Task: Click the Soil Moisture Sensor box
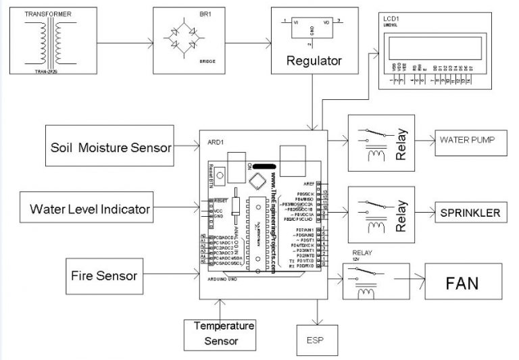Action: click(111, 147)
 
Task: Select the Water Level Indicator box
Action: click(90, 209)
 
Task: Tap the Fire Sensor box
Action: click(104, 275)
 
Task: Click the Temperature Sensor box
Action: click(221, 334)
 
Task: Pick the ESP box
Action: click(316, 340)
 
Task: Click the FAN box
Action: click(463, 282)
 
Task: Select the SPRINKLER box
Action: click(471, 213)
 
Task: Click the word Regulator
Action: click(314, 60)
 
